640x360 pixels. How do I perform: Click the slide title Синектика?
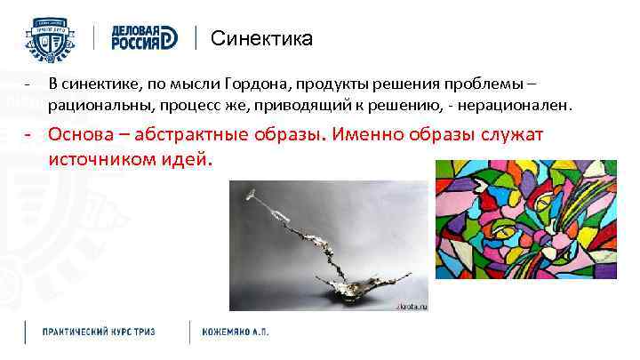[261, 39]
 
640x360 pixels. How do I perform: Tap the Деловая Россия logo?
[146, 38]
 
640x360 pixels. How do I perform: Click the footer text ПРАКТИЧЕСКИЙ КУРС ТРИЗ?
[99, 332]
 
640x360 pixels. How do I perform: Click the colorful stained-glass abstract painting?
[530, 232]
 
